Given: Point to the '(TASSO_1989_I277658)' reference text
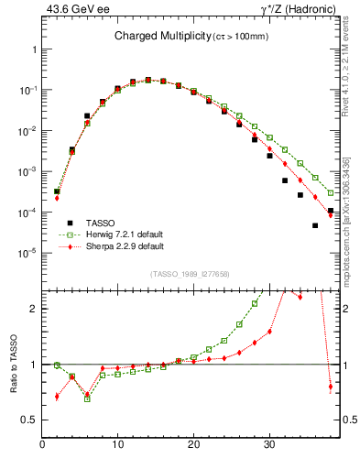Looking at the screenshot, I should pos(190,273).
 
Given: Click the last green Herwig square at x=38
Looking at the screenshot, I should pos(331,193).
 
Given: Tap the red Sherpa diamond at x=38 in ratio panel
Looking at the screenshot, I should pos(331,387).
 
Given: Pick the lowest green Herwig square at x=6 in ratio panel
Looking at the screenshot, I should pos(87,398).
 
